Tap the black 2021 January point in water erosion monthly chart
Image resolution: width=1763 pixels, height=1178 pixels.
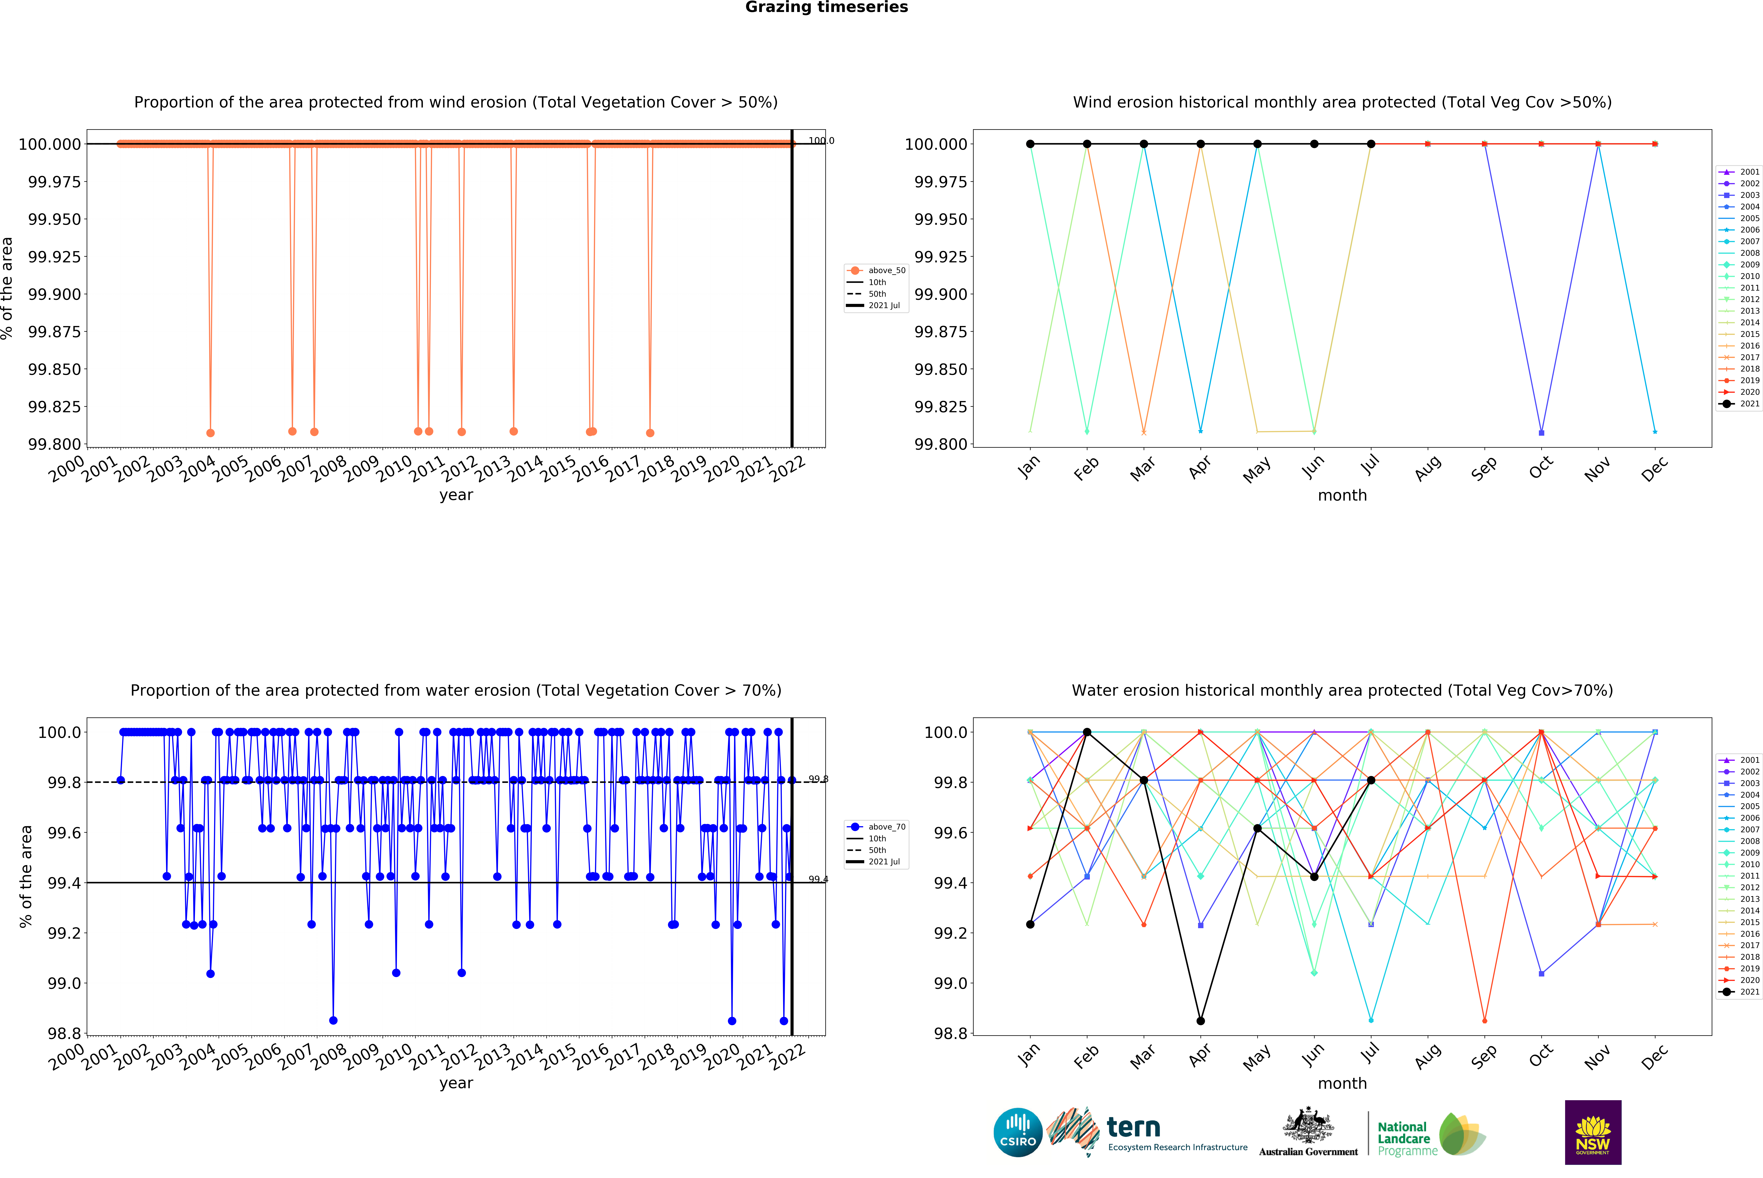click(x=1030, y=924)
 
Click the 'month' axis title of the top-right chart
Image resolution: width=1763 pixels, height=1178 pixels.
click(x=1342, y=495)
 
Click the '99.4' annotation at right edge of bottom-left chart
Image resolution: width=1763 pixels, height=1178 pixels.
click(x=818, y=879)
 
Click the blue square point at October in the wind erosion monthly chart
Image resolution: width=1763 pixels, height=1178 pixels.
click(x=1541, y=433)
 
